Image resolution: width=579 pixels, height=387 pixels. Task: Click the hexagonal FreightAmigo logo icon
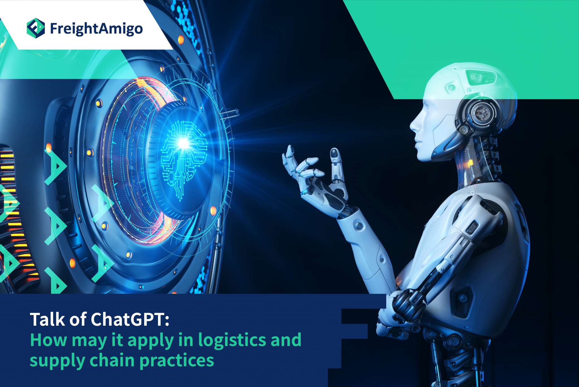pyautogui.click(x=36, y=28)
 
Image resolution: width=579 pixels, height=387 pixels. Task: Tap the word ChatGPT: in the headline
pyautogui.click(x=130, y=319)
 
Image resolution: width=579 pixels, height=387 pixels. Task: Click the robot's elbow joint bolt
pyautogui.click(x=359, y=226)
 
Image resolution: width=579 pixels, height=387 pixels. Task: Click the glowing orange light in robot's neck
pyautogui.click(x=470, y=162)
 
